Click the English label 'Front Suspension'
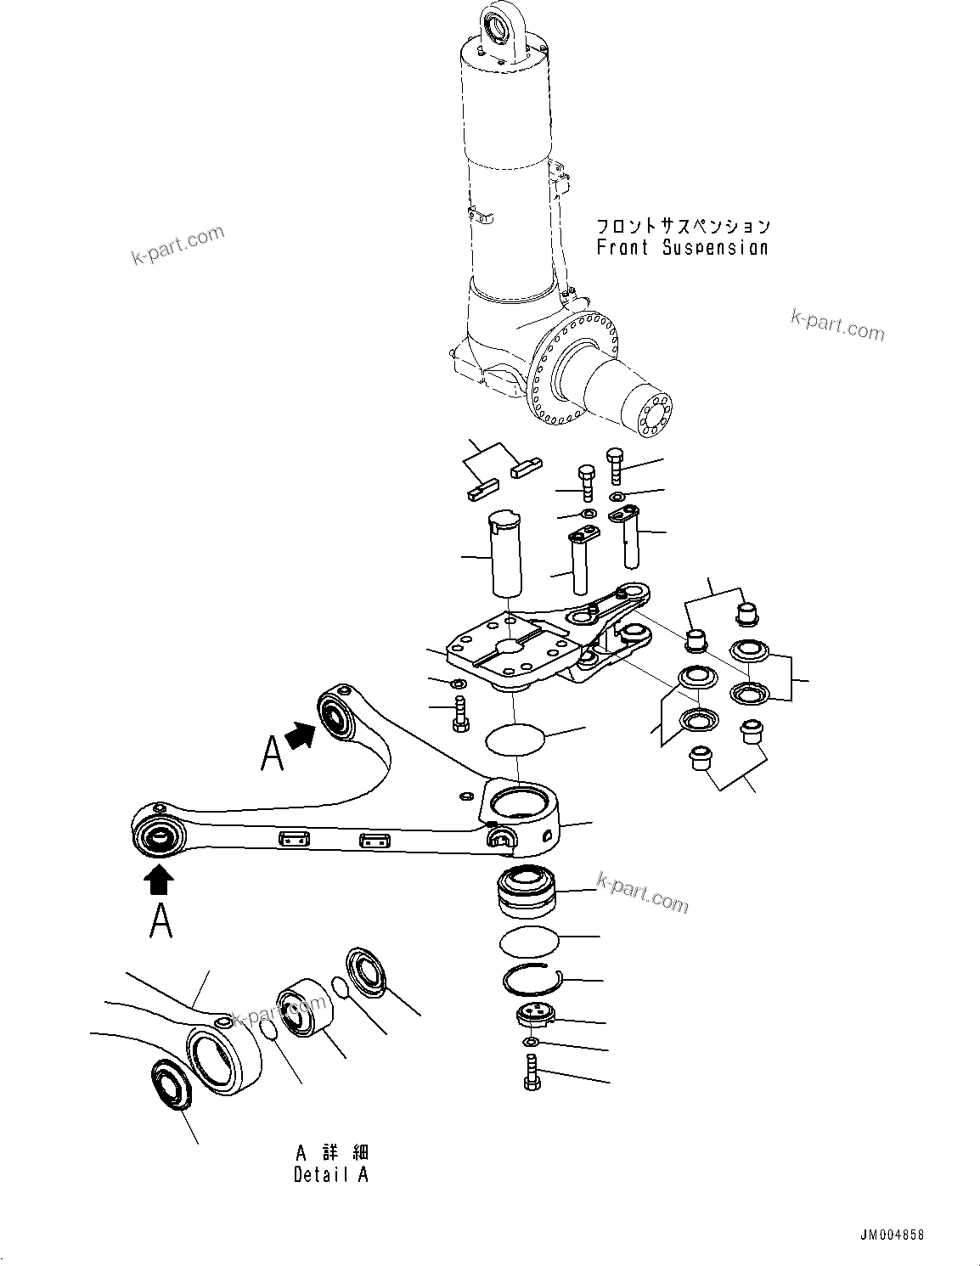point(682,248)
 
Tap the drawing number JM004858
point(890,1235)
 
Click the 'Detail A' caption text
point(331,1175)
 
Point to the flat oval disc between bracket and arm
point(515,740)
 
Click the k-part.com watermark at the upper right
point(836,326)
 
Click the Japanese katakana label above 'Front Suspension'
point(682,226)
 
